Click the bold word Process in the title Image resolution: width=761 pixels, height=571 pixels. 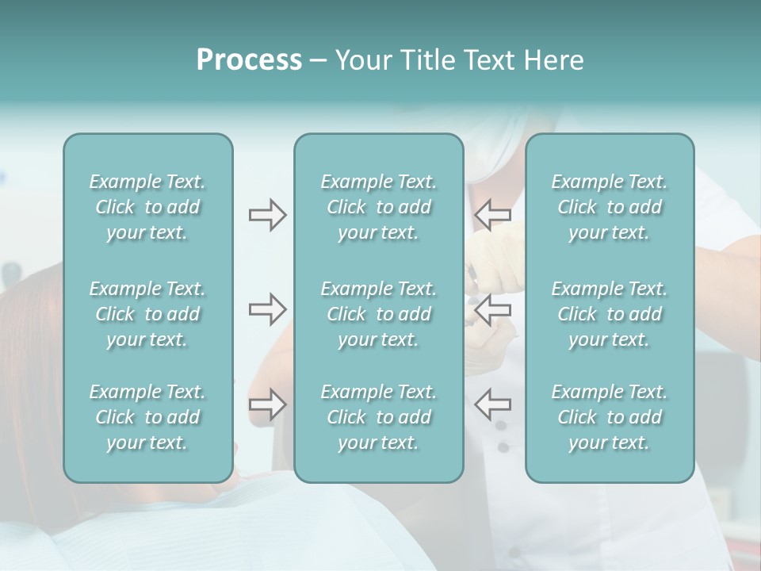click(x=249, y=60)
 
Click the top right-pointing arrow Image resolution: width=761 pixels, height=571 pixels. click(x=267, y=215)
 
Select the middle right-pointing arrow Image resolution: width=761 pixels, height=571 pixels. click(x=267, y=308)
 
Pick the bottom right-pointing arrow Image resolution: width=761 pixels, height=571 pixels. click(x=267, y=404)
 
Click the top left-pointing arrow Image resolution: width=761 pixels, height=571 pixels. click(x=492, y=215)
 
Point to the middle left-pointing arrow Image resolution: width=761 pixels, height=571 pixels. click(x=492, y=308)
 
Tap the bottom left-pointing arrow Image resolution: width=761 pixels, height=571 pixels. click(x=492, y=404)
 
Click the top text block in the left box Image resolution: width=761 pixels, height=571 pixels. click(x=147, y=207)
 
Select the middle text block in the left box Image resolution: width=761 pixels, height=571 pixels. click(x=147, y=314)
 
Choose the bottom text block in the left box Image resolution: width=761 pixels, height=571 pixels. click(x=147, y=417)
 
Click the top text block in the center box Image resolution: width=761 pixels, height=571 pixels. click(x=378, y=207)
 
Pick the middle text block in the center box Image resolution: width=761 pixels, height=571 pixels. click(x=378, y=314)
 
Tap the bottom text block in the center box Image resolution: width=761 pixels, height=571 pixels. click(x=378, y=417)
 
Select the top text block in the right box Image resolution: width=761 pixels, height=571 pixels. click(x=609, y=207)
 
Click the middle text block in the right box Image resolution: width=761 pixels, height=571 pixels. click(x=609, y=314)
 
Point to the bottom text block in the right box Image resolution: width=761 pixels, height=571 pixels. click(x=609, y=417)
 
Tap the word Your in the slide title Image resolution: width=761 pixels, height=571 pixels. click(x=361, y=60)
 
